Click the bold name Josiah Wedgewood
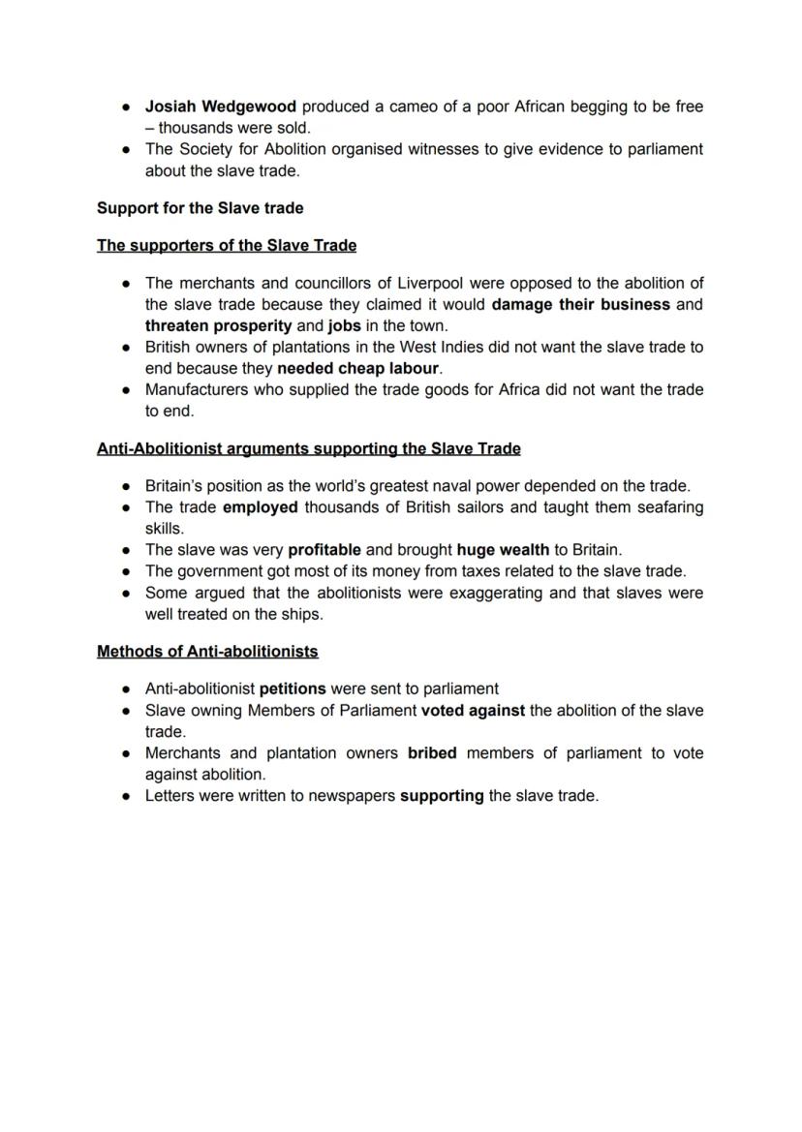[x=221, y=107]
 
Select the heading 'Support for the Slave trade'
[x=200, y=208]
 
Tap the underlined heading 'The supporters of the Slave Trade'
[x=226, y=246]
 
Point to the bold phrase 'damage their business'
[x=580, y=305]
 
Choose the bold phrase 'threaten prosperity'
[x=218, y=326]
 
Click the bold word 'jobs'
[x=344, y=326]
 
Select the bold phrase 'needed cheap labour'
[x=358, y=369]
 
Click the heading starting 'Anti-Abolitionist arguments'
[x=308, y=449]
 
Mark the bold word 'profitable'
[x=324, y=550]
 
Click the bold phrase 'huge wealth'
[x=503, y=550]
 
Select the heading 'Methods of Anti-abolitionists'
[x=207, y=652]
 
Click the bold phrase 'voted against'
[x=473, y=711]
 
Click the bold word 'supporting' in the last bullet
[x=442, y=796]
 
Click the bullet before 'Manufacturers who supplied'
[x=127, y=390]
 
